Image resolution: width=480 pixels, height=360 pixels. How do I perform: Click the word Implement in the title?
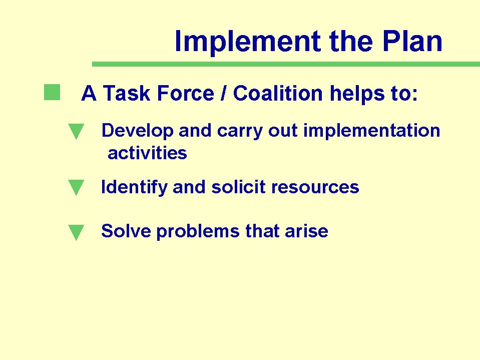[248, 42]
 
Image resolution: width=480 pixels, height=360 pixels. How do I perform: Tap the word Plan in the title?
[412, 41]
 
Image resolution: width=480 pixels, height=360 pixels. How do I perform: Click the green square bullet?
[52, 92]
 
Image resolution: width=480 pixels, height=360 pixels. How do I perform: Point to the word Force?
[186, 93]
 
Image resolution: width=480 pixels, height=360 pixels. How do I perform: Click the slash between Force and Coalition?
[224, 93]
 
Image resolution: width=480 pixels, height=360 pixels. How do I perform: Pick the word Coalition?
[278, 93]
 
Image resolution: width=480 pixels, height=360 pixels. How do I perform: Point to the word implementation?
[371, 131]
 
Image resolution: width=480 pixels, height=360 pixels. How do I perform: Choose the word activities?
[147, 153]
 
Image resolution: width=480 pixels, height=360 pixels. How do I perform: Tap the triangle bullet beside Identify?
[76, 188]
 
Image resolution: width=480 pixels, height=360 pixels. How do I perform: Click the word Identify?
[134, 187]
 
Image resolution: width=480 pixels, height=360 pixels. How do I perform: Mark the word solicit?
[238, 187]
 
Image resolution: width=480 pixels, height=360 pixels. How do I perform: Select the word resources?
[315, 187]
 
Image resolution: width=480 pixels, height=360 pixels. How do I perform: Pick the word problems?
[198, 231]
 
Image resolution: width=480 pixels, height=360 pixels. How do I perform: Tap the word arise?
[306, 231]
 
